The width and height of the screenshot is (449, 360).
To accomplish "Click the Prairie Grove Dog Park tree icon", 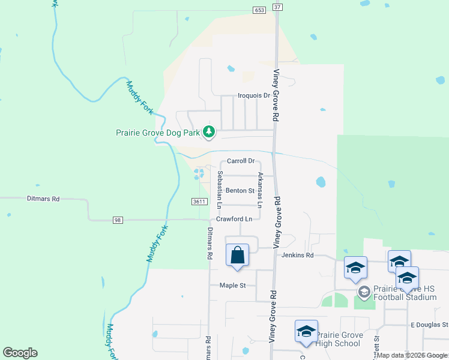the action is (x=208, y=131).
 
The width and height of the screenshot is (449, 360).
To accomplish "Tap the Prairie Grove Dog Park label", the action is (x=158, y=133).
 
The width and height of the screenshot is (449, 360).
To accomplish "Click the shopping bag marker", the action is (x=238, y=255).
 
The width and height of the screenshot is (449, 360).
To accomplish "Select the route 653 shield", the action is (x=259, y=10).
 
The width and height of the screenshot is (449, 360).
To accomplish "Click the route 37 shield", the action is (x=277, y=6).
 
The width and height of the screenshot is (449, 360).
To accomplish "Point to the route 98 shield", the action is (x=117, y=220).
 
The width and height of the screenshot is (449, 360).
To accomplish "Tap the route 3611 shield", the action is (x=200, y=202).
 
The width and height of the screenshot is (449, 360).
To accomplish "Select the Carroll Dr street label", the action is (x=241, y=161).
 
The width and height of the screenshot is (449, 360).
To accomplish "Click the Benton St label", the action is (x=240, y=191).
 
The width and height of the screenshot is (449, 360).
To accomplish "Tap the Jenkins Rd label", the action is (x=298, y=255).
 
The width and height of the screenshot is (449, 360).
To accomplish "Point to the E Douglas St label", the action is (x=429, y=325).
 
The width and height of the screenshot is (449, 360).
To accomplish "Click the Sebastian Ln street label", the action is (x=220, y=190).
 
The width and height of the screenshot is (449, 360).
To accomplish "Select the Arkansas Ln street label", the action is (x=260, y=190).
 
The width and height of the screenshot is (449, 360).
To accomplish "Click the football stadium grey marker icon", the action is (x=364, y=292).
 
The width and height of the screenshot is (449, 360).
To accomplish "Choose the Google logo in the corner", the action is (x=20, y=353).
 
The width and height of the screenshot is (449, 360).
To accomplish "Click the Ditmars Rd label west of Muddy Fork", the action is (x=43, y=198).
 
